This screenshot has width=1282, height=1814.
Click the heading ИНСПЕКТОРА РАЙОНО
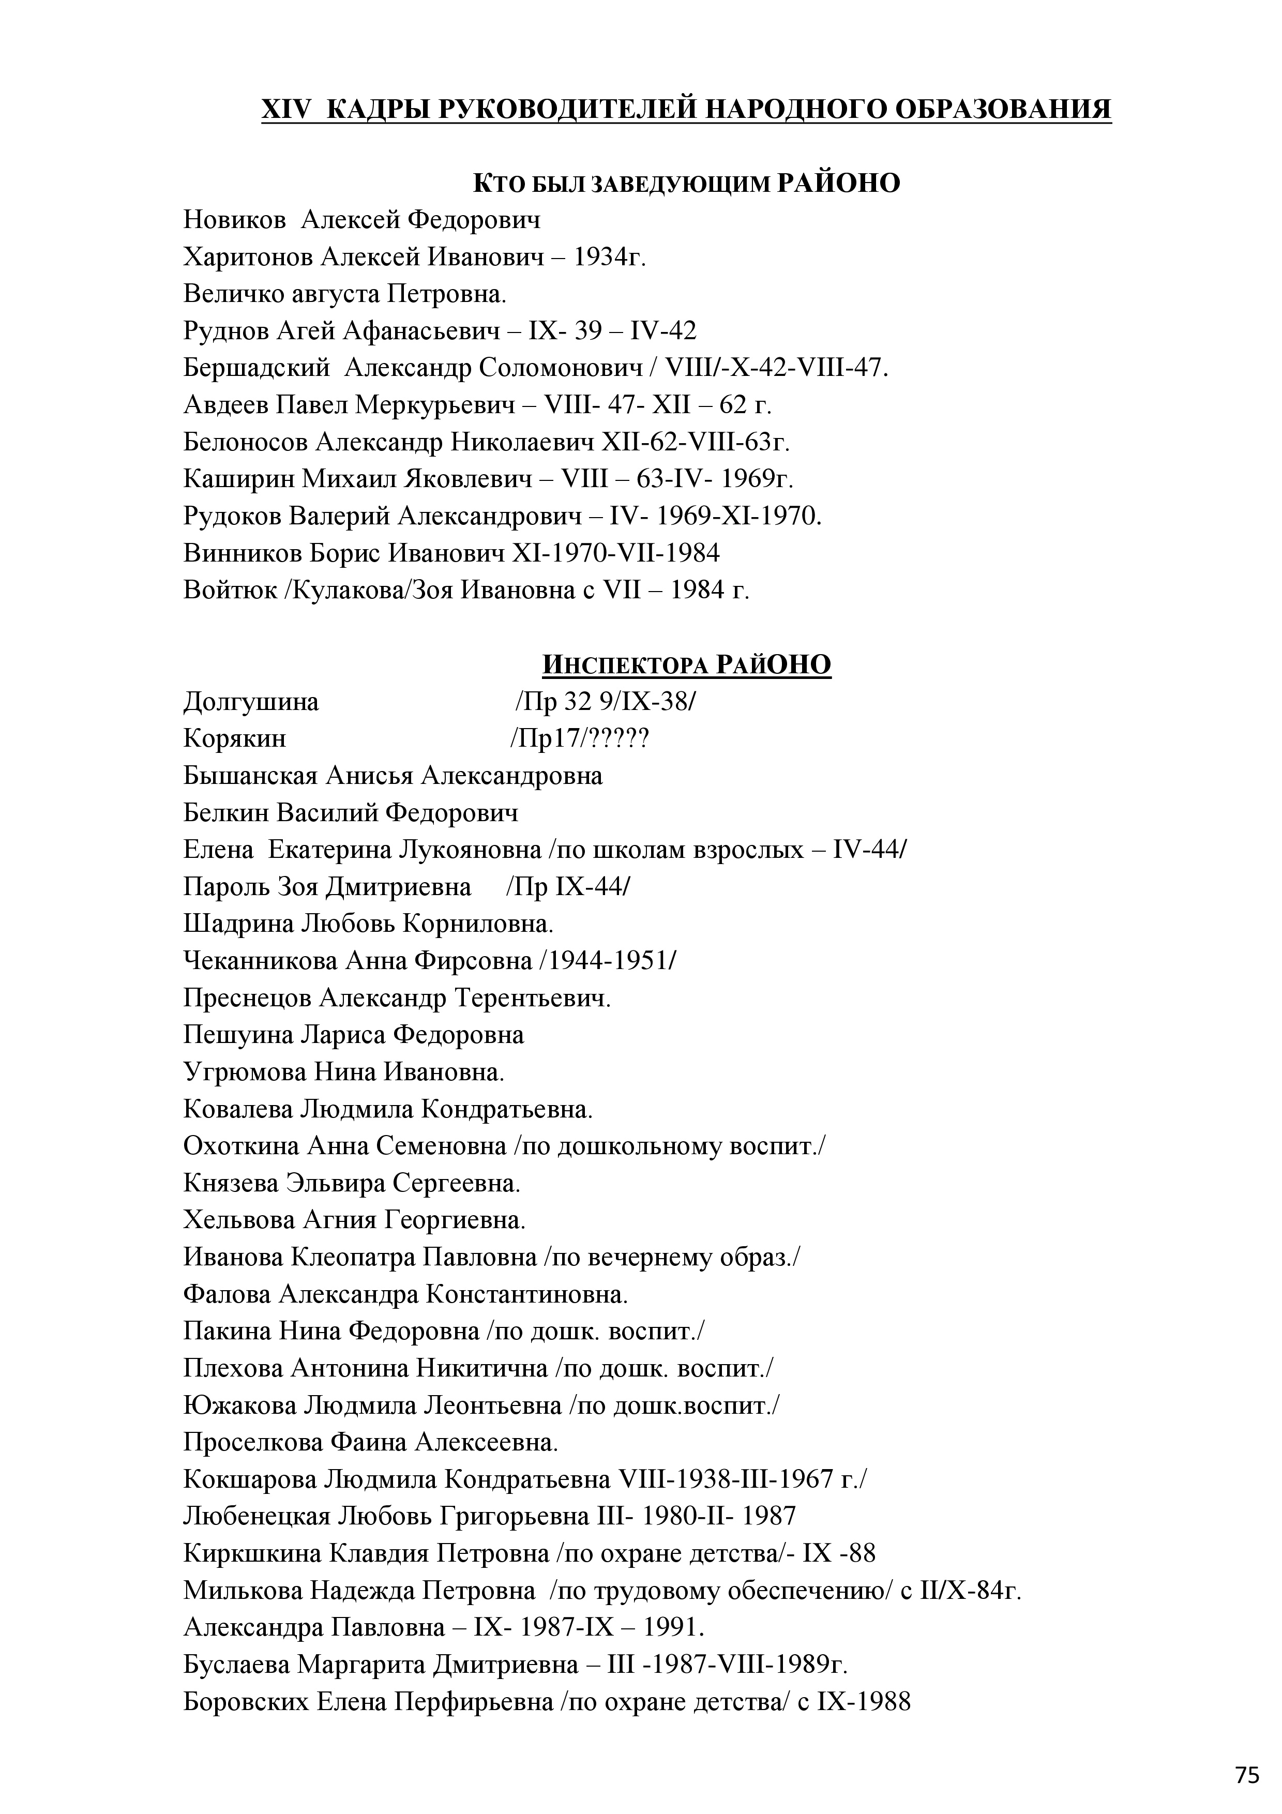click(686, 664)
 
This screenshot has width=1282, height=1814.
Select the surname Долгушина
click(251, 702)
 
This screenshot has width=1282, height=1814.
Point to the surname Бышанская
click(250, 776)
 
